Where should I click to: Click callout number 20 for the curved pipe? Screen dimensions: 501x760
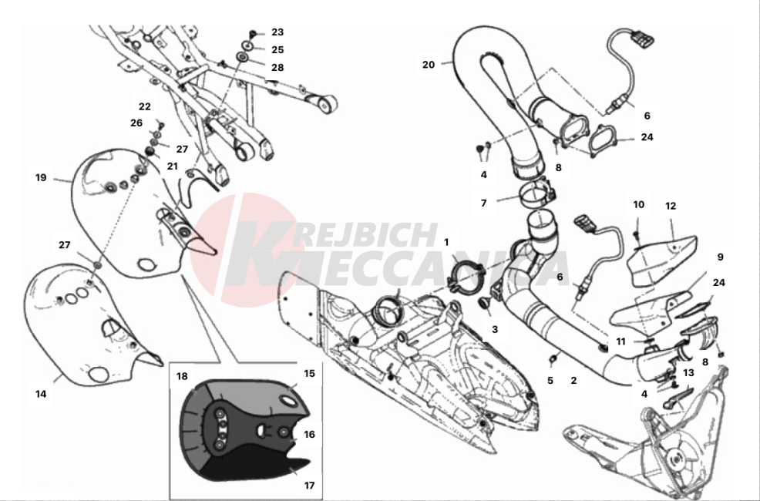429,65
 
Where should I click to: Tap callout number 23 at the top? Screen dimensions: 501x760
277,32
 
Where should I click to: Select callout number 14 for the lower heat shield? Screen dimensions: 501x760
41,394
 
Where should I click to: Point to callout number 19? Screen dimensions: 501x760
41,177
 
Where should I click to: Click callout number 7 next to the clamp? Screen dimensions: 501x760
483,203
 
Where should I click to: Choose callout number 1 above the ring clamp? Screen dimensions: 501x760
446,242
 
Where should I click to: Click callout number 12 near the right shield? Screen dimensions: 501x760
670,206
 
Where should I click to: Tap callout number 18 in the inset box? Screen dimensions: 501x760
182,376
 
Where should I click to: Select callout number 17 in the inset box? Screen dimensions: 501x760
309,486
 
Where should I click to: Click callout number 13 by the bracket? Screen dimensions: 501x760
688,373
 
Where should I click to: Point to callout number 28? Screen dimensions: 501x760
277,68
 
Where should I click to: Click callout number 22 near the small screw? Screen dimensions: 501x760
145,106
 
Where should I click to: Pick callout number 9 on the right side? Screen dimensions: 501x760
720,256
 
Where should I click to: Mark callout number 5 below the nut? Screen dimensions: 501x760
550,380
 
